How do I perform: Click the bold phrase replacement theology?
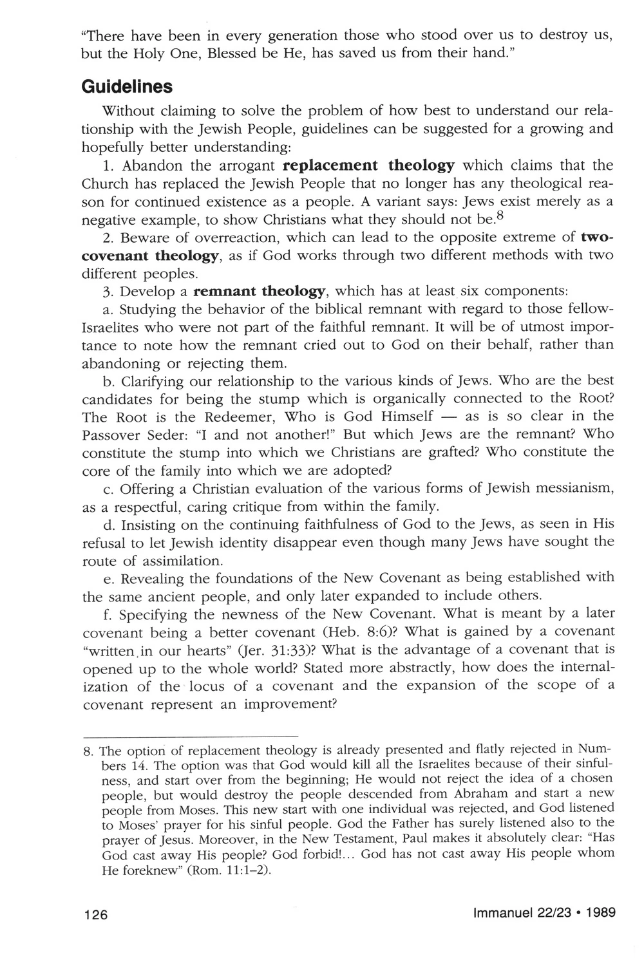369,165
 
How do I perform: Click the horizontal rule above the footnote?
191,735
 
